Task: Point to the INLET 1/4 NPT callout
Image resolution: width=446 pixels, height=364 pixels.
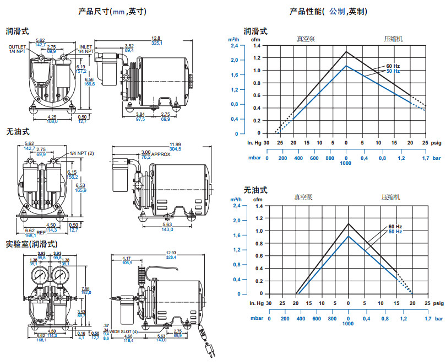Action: pyautogui.click(x=85, y=49)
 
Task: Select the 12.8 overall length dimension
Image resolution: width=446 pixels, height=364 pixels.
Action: pyautogui.click(x=156, y=39)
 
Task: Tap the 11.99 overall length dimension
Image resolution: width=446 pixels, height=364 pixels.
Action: pyautogui.click(x=160, y=144)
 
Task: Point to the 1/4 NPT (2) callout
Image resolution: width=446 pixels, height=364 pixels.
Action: pyautogui.click(x=82, y=153)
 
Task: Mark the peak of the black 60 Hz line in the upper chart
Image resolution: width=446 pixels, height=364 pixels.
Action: pyautogui.click(x=346, y=52)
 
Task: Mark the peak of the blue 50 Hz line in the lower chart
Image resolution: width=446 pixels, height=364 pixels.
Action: pyautogui.click(x=348, y=236)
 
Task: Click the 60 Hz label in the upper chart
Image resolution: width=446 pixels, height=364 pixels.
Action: pyautogui.click(x=393, y=66)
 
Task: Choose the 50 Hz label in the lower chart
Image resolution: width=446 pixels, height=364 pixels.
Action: pyautogui.click(x=395, y=232)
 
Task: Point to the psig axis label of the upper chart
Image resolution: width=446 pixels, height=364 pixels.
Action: pyautogui.click(x=436, y=142)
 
